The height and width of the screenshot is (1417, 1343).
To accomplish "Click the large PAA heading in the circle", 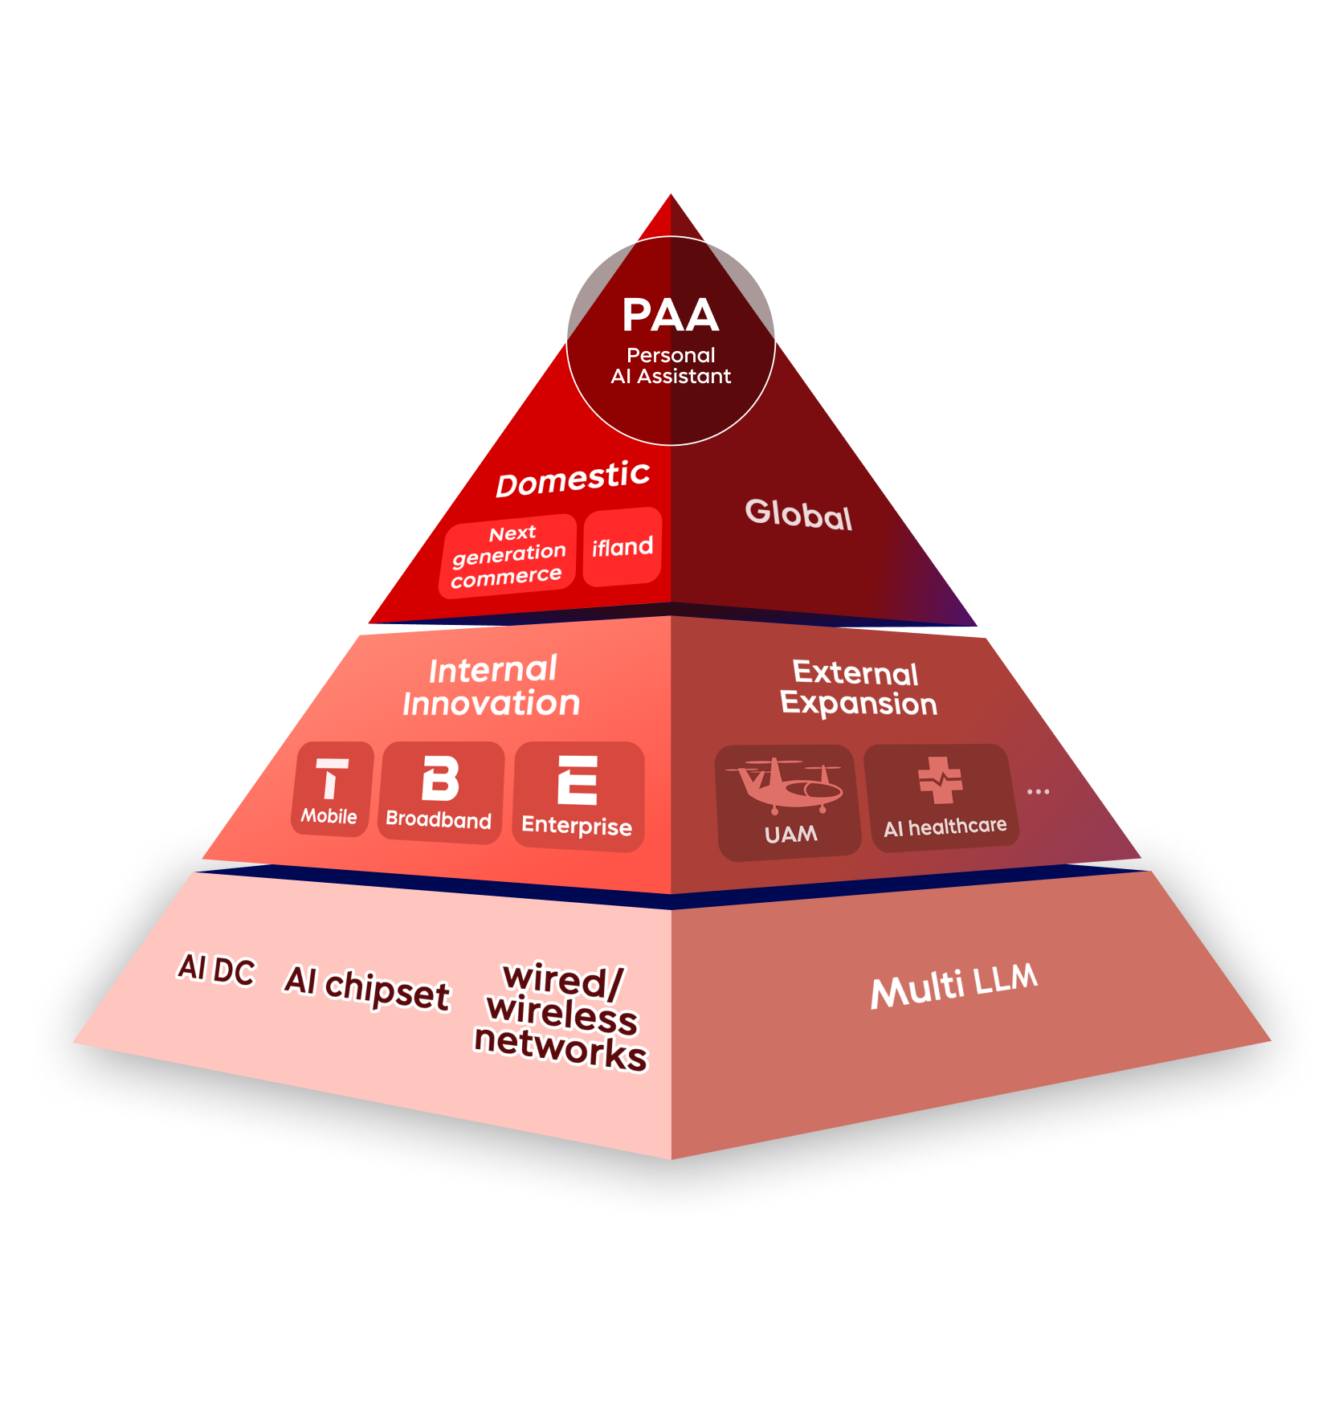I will click(x=671, y=315).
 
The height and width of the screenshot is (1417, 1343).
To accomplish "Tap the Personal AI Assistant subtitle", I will click(x=671, y=366).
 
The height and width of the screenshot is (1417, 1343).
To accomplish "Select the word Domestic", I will click(x=573, y=479).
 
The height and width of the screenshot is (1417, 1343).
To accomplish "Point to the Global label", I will click(x=798, y=514).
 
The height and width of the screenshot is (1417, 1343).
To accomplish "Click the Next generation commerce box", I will click(x=508, y=556).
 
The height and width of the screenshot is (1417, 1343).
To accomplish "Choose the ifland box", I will click(x=623, y=547).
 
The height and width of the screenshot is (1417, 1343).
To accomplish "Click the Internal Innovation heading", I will click(x=492, y=687).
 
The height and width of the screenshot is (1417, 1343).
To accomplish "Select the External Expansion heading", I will click(x=858, y=688).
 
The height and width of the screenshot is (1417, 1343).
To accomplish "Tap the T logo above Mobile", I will click(x=332, y=778).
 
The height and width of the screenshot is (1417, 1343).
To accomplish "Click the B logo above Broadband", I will click(x=441, y=778).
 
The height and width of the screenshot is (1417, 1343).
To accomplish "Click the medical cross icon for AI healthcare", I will click(x=941, y=779).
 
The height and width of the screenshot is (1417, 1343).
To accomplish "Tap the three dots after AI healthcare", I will click(x=1038, y=792).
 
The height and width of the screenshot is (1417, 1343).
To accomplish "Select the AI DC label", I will click(x=216, y=970).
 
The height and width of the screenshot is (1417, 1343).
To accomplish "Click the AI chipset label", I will click(x=367, y=987).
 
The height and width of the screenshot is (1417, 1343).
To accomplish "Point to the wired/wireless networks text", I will click(x=561, y=1017).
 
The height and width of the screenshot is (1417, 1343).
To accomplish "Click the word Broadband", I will click(x=439, y=819).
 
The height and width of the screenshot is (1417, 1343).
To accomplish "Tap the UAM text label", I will click(x=791, y=834).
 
